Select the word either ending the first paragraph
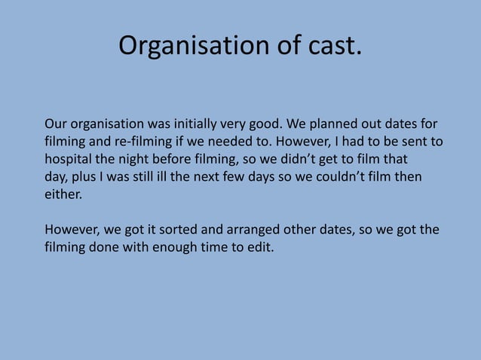pyautogui.click(x=62, y=196)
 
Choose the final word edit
pyautogui.click(x=262, y=247)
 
